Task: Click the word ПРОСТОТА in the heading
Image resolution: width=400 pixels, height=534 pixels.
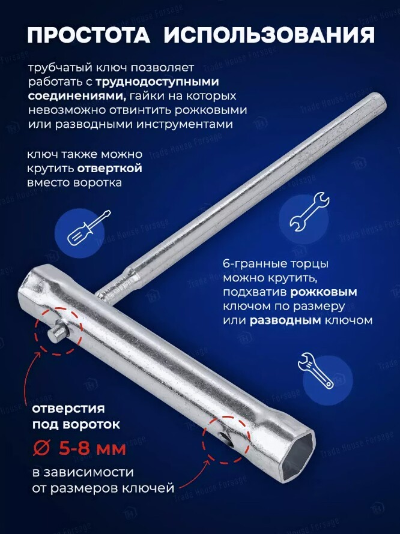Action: pyautogui.click(x=89, y=35)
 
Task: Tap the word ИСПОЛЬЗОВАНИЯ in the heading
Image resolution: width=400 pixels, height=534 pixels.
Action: pyautogui.click(x=270, y=35)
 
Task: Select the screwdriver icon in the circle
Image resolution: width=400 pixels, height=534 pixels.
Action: pyautogui.click(x=89, y=228)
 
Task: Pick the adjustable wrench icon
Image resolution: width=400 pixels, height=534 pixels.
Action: pyautogui.click(x=315, y=371)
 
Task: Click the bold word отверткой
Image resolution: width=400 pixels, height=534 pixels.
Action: pyautogui.click(x=109, y=168)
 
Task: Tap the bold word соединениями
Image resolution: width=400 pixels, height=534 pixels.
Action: pyautogui.click(x=77, y=96)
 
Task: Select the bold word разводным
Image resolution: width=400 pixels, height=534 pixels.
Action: pyautogui.click(x=285, y=320)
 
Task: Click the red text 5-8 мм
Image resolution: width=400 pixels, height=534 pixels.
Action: pyautogui.click(x=92, y=449)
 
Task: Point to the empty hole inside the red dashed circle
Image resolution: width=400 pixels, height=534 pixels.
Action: pyautogui.click(x=225, y=440)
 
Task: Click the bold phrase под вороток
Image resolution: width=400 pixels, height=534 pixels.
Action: pyautogui.click(x=76, y=425)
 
